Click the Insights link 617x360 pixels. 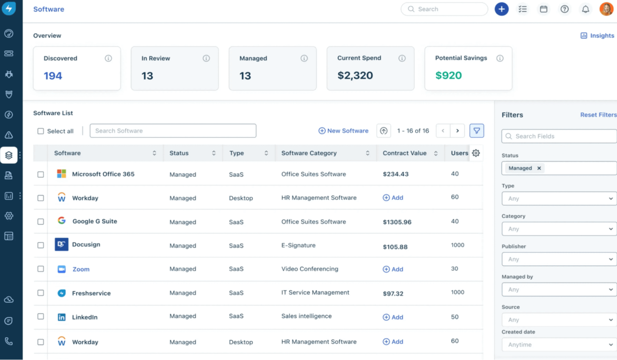coord(597,36)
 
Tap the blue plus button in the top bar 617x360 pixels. coord(502,9)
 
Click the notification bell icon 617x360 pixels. coord(585,9)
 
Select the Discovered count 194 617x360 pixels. coord(53,76)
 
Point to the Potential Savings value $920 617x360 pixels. coord(449,76)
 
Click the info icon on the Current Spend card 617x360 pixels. coord(402,58)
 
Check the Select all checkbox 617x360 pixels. coord(41,131)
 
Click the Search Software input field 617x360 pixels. coord(173,131)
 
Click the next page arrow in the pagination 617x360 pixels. coord(457,131)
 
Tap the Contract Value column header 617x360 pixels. coord(404,153)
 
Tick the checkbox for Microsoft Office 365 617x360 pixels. coord(41,174)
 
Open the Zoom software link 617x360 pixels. coord(81,269)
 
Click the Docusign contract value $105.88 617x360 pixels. coord(395,247)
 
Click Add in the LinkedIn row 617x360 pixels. coord(393,317)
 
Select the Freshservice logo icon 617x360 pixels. coord(62,293)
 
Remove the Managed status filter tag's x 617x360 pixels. coord(539,168)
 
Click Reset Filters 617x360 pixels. coord(598,115)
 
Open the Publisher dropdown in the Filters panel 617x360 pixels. coord(559,259)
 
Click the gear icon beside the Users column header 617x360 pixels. coord(476,153)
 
